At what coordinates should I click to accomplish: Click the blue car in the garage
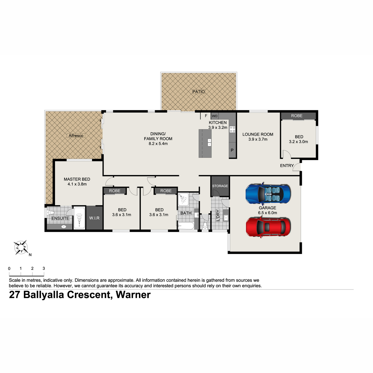pos(268,194)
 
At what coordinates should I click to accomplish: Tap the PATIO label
pos(198,92)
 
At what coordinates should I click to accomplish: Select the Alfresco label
pos(76,136)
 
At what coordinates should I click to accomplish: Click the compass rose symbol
pos(21,247)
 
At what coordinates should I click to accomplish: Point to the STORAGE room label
pos(220,186)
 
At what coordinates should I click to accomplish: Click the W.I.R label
pos(94,218)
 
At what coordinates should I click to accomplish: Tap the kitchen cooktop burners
pos(232,129)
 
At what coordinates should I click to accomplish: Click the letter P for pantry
pos(232,150)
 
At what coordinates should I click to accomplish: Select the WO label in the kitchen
pos(214,116)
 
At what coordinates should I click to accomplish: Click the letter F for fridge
pos(206,116)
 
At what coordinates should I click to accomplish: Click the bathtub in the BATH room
pos(186,226)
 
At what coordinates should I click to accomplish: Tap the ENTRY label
pos(287,166)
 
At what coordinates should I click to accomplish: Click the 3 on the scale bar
pos(44,269)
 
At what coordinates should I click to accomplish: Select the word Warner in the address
pos(133,295)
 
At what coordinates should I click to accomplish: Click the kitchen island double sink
pos(209,142)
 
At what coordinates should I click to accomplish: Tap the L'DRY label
pos(218,215)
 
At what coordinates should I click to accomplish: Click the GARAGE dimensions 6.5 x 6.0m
pos(267,213)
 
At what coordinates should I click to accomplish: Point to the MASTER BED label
pos(77,179)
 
